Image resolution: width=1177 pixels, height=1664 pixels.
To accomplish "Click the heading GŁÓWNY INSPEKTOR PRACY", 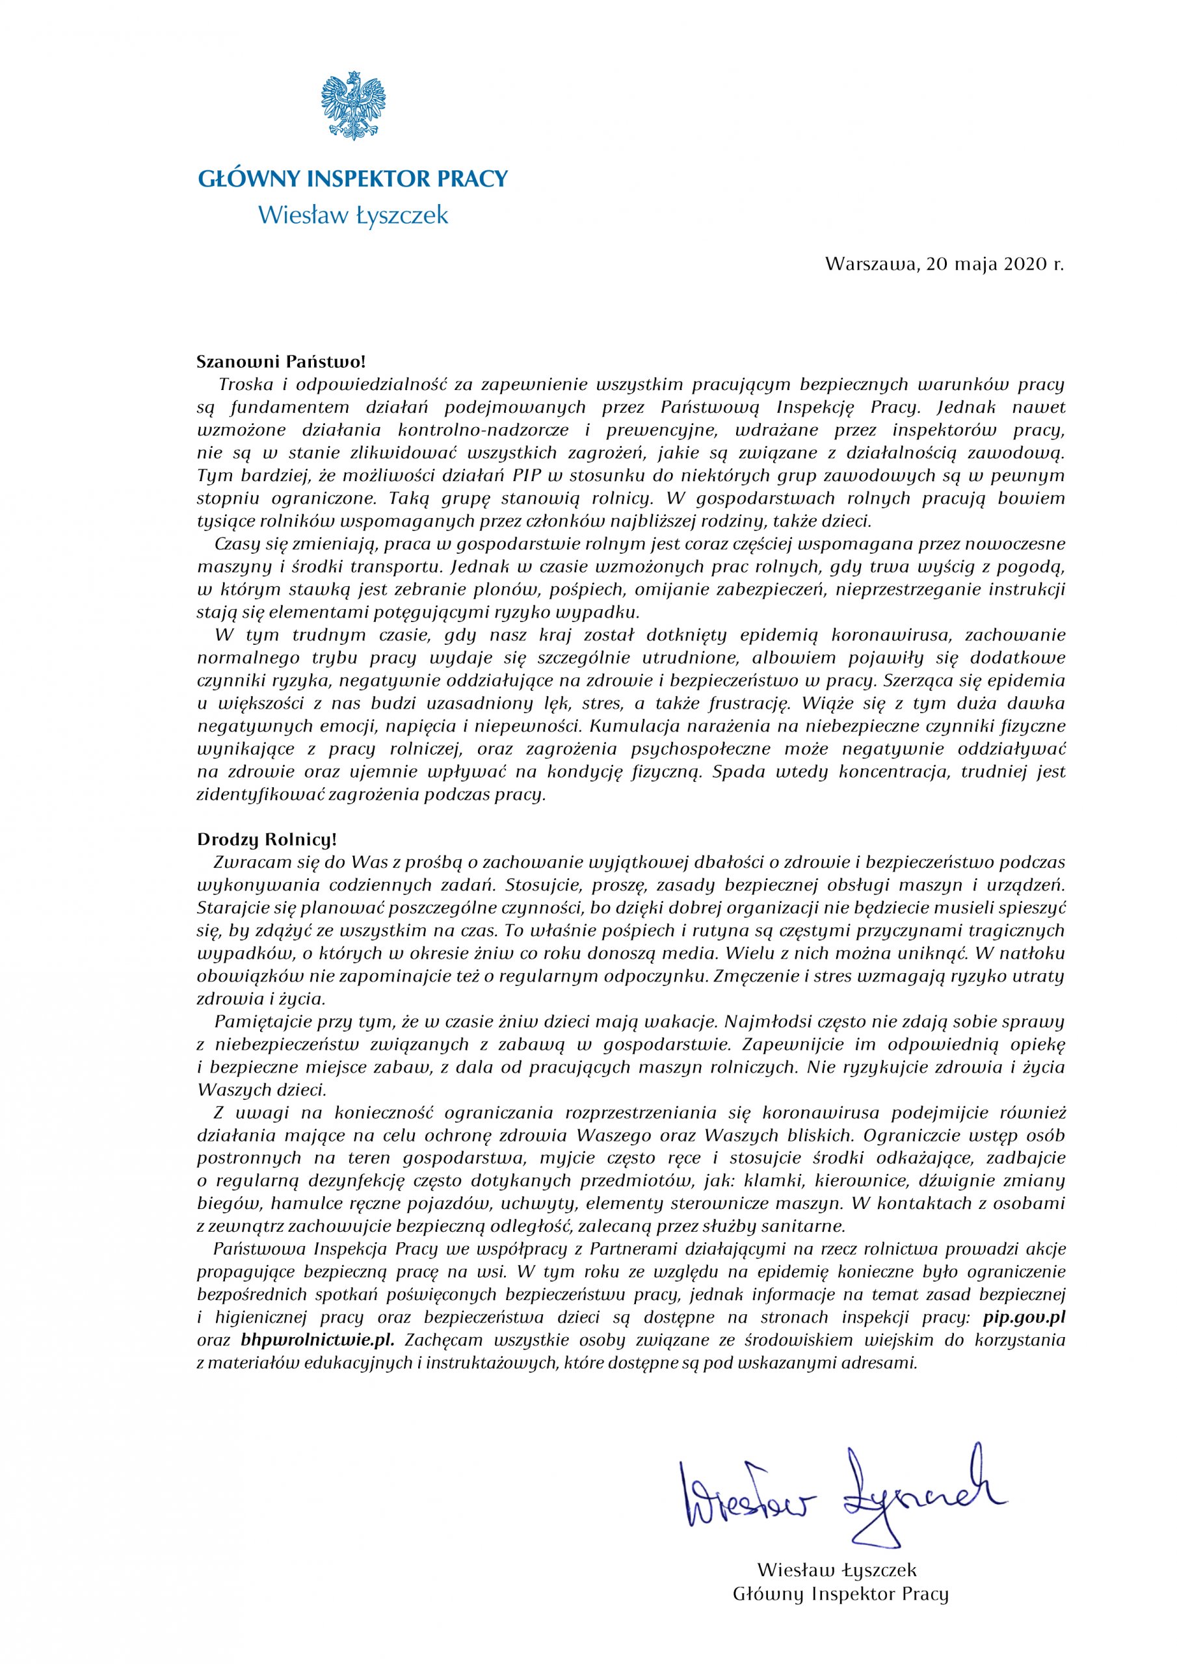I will tap(352, 178).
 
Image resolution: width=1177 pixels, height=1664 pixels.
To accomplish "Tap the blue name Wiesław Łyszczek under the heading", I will tap(353, 215).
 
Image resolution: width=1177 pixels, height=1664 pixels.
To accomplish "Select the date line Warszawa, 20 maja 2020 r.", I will tap(944, 265).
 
